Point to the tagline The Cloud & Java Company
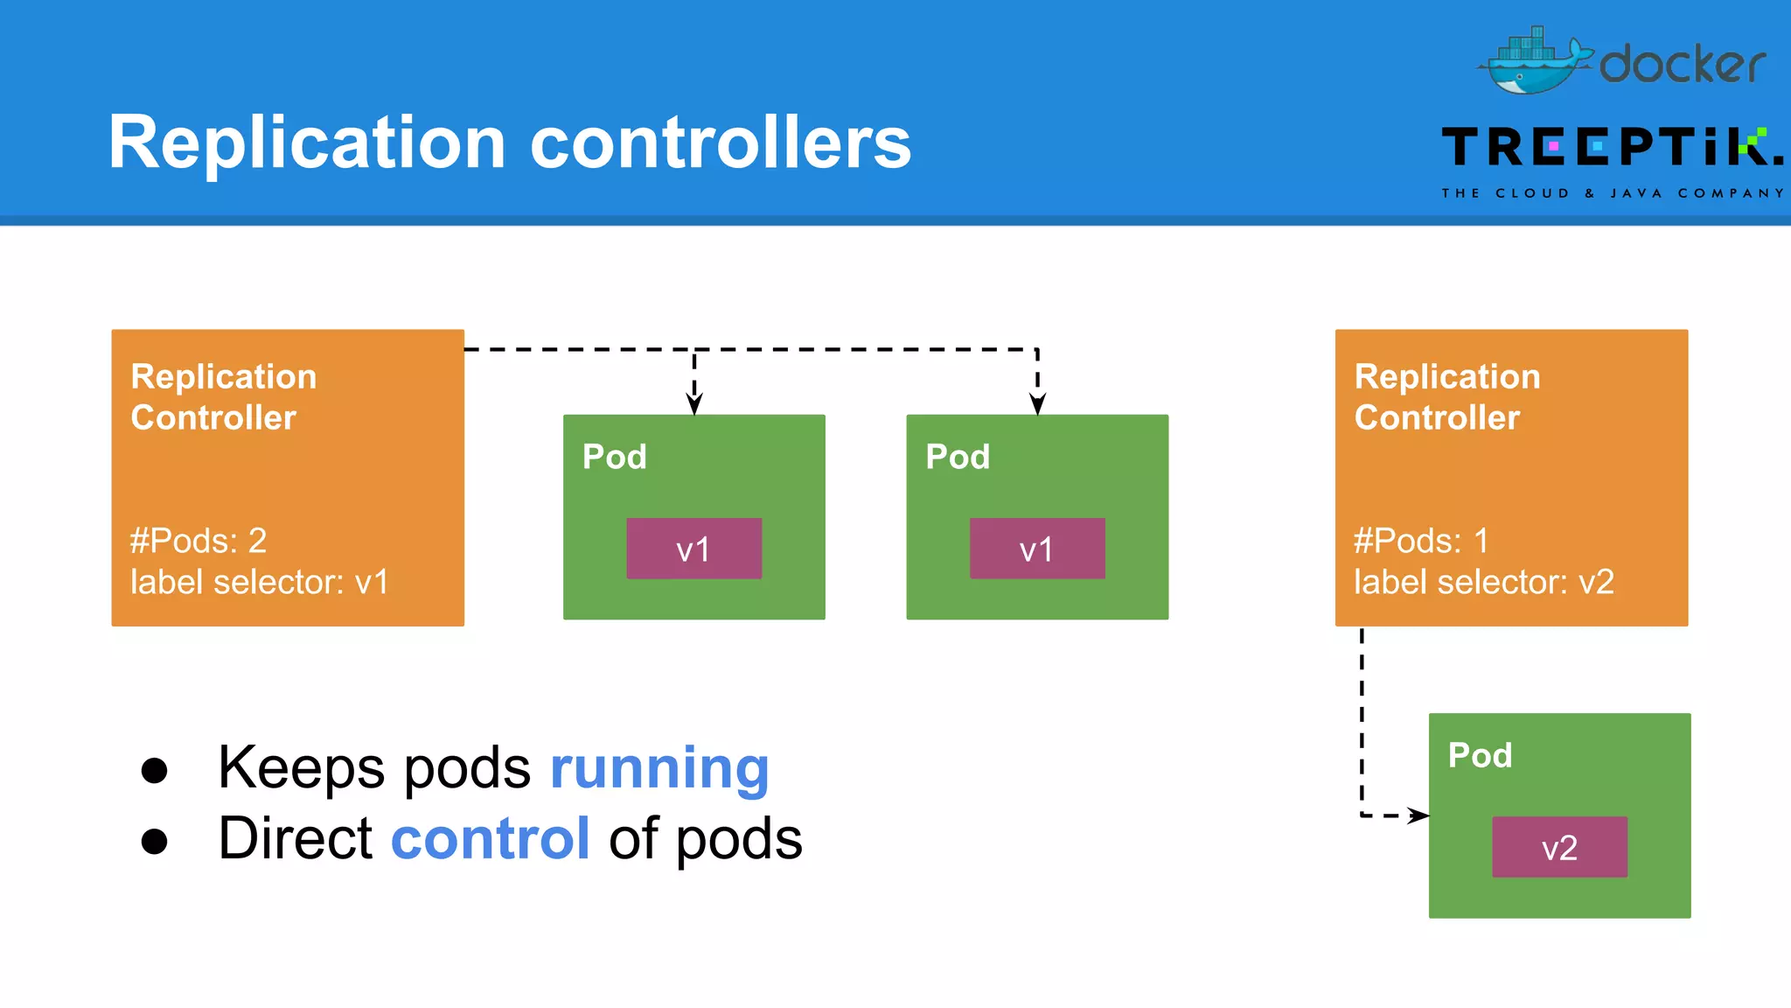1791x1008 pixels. coord(1612,193)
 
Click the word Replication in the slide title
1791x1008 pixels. coord(307,143)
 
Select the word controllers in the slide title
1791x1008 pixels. coord(721,143)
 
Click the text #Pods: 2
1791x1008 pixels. coord(199,541)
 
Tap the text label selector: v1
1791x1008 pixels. coord(260,582)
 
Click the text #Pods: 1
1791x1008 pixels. coord(1421,541)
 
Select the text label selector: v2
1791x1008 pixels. coord(1484,582)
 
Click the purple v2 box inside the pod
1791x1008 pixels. coord(1559,847)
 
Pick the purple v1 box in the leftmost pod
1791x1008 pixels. coord(693,549)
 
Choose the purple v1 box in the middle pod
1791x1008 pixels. coord(1037,549)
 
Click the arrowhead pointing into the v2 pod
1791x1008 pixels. coord(1418,815)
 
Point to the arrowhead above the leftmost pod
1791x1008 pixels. coord(694,404)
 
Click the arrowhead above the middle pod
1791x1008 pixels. coord(1037,404)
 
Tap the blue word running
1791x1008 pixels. coord(659,768)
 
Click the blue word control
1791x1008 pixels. coord(490,838)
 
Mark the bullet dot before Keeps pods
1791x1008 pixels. coord(155,771)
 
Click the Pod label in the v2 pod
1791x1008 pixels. coord(1480,755)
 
